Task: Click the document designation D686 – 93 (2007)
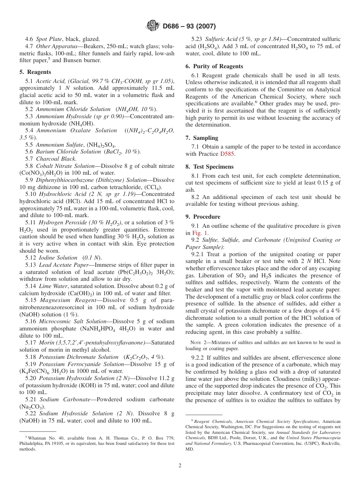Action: point(189,27)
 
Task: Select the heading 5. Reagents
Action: point(35,72)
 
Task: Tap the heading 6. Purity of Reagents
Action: point(214,66)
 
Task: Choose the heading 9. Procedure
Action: point(203,217)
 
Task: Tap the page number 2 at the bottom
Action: point(180,466)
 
